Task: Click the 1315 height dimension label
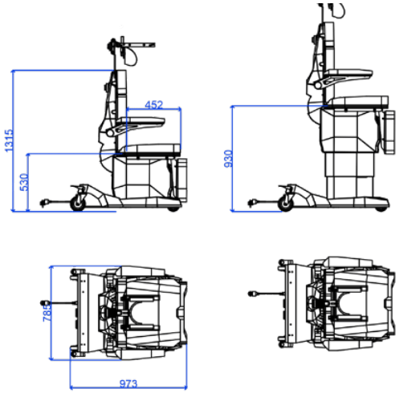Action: (x=9, y=140)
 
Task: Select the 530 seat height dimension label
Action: (x=24, y=182)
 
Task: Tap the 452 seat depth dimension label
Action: (x=154, y=104)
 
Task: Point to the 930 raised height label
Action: (x=228, y=159)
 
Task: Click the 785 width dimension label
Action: (x=47, y=313)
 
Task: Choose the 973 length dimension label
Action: (x=128, y=383)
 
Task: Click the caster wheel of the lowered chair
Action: (x=78, y=204)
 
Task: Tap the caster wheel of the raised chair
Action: (x=286, y=205)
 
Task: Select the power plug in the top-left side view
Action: (x=43, y=203)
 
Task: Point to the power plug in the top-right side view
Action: (x=251, y=203)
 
